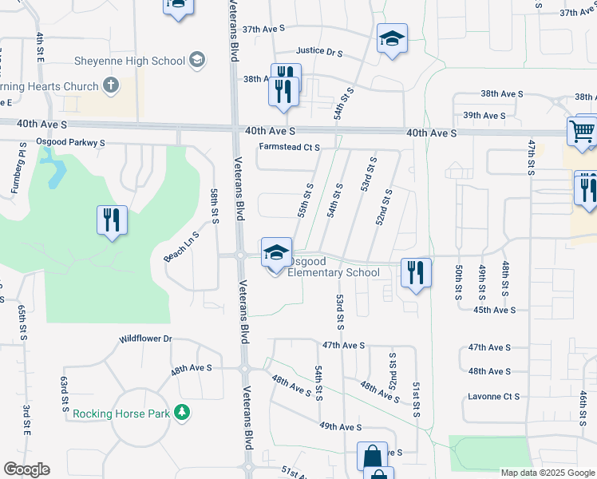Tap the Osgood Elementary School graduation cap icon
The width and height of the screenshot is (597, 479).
(x=276, y=253)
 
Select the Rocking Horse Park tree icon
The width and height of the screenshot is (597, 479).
(x=184, y=413)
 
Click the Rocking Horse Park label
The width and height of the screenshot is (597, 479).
(x=121, y=414)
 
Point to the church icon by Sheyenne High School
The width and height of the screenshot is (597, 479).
(x=111, y=85)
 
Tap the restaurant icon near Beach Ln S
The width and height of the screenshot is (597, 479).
(x=112, y=220)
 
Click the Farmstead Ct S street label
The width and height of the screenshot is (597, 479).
(x=289, y=147)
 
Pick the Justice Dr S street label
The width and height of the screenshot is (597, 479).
(x=318, y=52)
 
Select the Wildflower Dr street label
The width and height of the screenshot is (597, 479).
(x=145, y=338)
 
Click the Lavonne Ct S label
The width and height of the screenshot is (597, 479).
(x=494, y=396)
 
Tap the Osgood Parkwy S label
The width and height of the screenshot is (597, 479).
(x=71, y=142)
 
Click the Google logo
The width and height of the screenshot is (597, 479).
(x=26, y=469)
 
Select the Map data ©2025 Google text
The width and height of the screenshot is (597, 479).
(x=547, y=473)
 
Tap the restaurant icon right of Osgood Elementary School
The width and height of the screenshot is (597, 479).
(x=416, y=271)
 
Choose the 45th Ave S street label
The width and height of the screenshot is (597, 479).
(x=495, y=310)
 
